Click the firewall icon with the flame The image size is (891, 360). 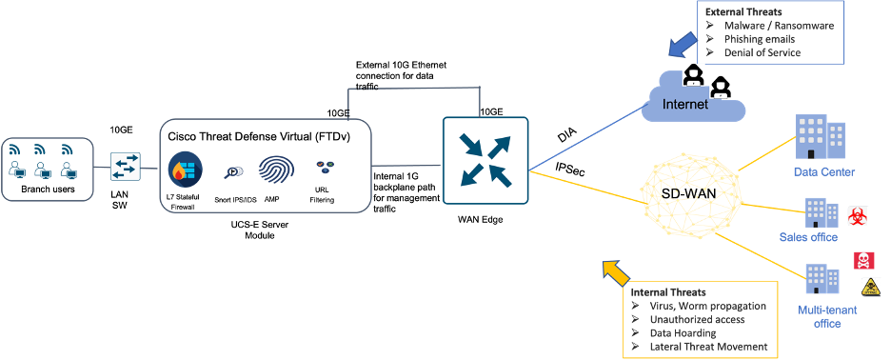(x=184, y=169)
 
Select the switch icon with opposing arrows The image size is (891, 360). (x=126, y=167)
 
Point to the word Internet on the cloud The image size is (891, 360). (x=685, y=104)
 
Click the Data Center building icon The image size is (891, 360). (x=821, y=139)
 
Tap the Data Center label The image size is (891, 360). (x=824, y=172)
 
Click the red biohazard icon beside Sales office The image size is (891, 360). (x=855, y=214)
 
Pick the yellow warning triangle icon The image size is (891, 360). (x=870, y=288)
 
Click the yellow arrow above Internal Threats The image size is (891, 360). (x=616, y=272)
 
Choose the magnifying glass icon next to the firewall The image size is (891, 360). (x=235, y=171)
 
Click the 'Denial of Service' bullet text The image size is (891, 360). (x=762, y=52)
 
